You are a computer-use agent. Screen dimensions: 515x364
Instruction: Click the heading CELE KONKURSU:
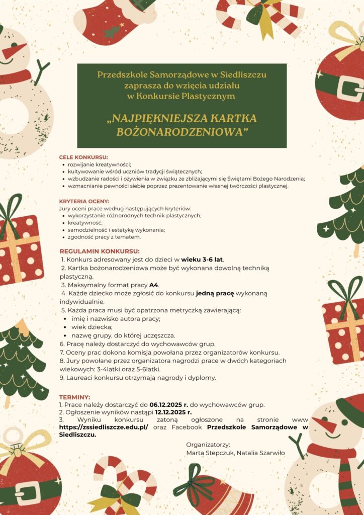(x=83, y=157)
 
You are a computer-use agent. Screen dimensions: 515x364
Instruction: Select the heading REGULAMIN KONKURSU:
(x=100, y=251)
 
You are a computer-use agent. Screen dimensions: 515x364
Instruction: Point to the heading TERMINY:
(x=74, y=397)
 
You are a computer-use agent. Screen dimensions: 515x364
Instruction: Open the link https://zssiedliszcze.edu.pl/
(x=104, y=426)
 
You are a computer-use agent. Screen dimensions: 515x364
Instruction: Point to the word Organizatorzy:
(x=208, y=445)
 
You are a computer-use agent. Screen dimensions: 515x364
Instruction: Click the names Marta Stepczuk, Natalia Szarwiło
(x=235, y=453)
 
